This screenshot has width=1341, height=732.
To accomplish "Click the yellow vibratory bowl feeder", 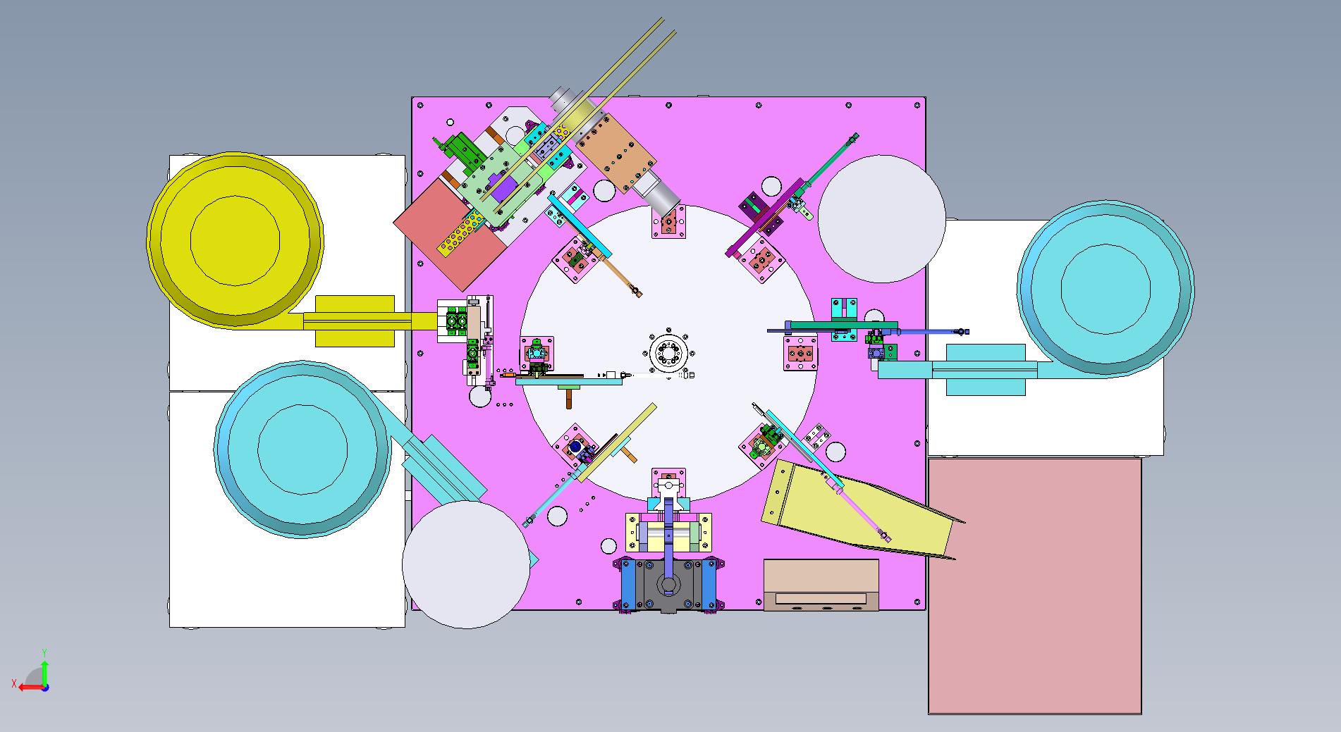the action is [235, 240].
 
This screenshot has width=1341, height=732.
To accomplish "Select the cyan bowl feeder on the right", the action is [1105, 288].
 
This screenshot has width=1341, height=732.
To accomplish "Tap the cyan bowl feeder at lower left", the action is [302, 450].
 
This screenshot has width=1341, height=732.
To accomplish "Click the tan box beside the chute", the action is [821, 585].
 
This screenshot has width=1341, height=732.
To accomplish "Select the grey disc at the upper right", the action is [881, 218].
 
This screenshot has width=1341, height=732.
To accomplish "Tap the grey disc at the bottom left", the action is [466, 564].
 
